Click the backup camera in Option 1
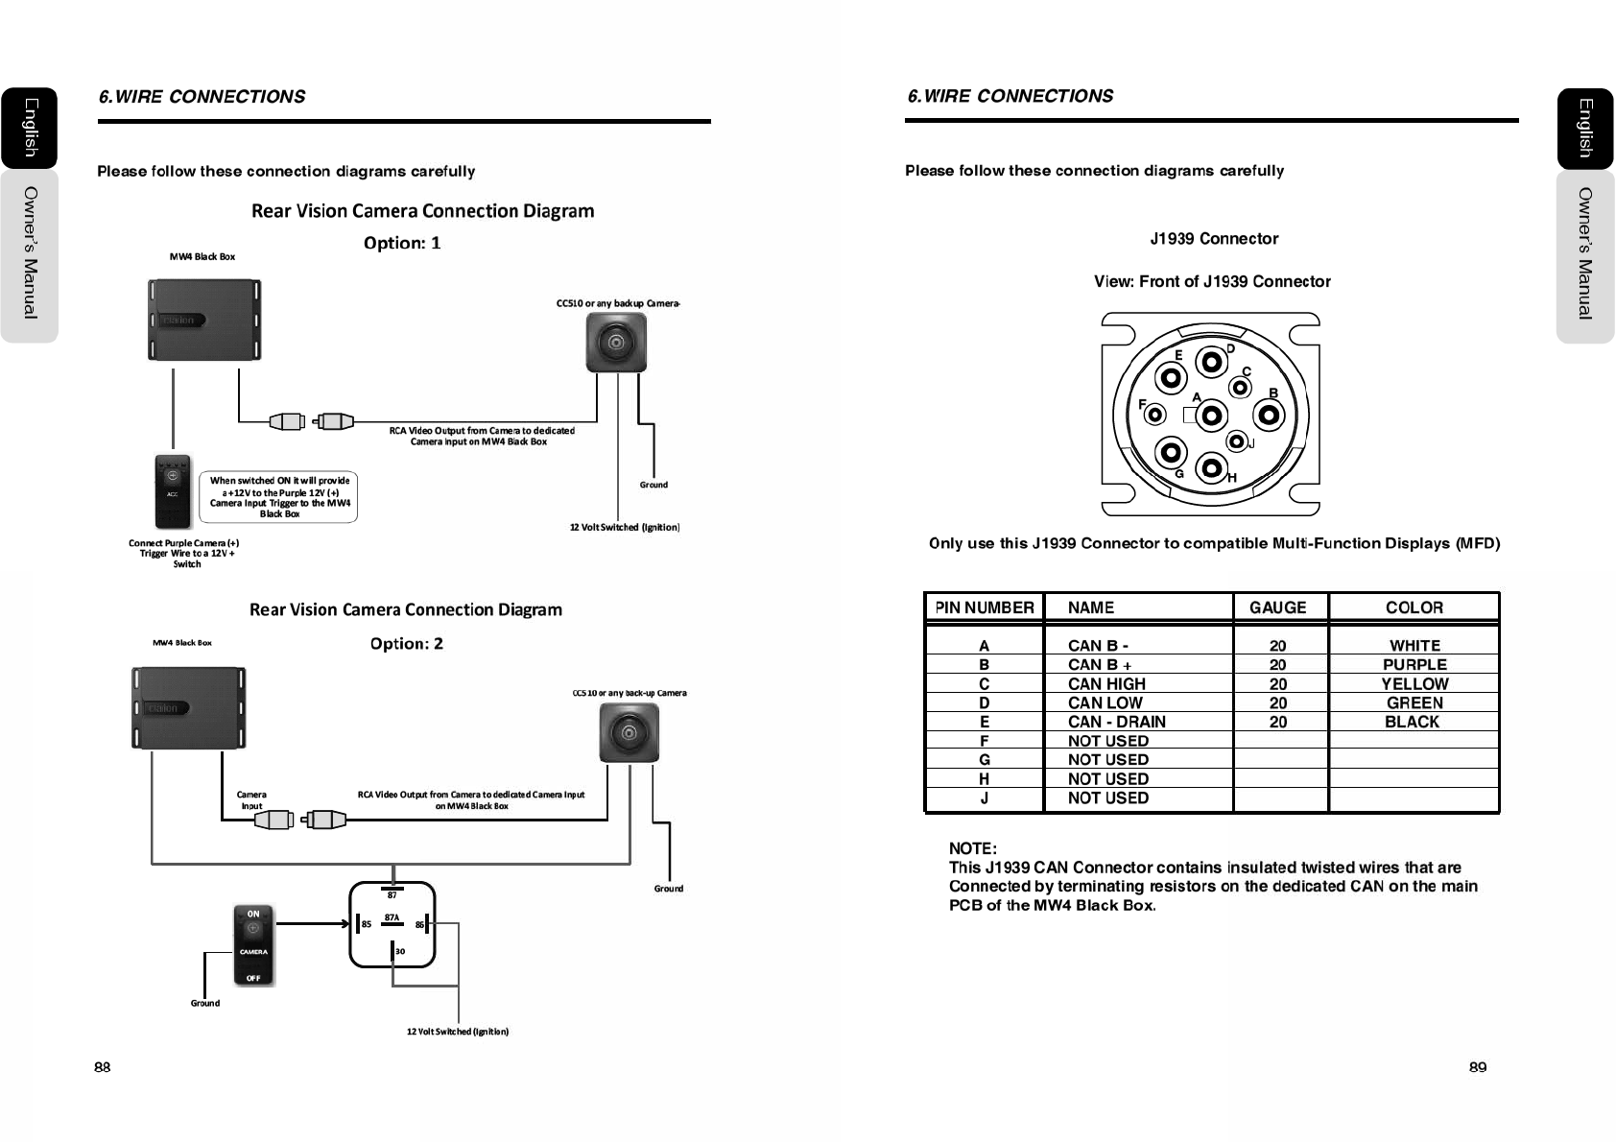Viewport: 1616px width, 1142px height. [x=616, y=343]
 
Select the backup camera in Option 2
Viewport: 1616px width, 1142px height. [x=629, y=733]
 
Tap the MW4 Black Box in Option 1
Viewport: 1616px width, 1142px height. [x=203, y=320]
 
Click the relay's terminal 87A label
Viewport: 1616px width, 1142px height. [x=392, y=917]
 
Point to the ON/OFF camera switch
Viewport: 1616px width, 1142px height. [x=253, y=945]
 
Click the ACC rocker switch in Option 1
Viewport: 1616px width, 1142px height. [x=173, y=491]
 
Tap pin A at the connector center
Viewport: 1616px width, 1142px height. [x=1212, y=416]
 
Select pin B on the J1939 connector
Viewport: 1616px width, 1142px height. [x=1270, y=415]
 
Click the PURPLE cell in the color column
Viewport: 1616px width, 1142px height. [x=1414, y=664]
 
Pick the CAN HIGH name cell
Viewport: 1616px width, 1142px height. [x=1106, y=683]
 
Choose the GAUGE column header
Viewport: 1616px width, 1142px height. [x=1277, y=607]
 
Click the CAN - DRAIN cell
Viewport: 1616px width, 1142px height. [x=1116, y=722]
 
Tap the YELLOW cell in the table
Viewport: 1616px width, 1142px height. [x=1414, y=683]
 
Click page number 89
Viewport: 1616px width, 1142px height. [x=1477, y=1067]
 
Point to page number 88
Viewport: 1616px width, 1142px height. [x=103, y=1067]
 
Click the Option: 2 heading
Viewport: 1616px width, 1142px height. [x=407, y=644]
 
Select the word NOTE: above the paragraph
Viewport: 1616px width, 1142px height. [x=972, y=848]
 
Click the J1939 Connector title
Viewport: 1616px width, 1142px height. [x=1214, y=239]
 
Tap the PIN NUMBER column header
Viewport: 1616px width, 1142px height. [x=984, y=607]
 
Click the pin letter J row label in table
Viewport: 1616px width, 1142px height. [x=984, y=797]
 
